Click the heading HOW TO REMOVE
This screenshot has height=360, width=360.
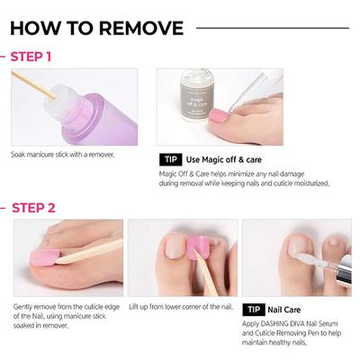click(x=97, y=28)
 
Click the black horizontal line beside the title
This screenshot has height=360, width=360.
click(x=270, y=28)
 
